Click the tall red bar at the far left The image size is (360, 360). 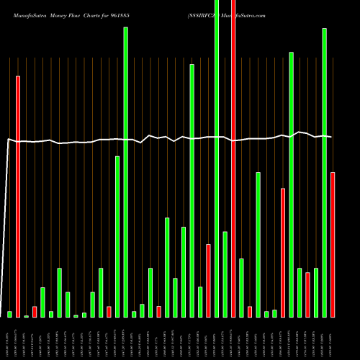[x=18, y=194]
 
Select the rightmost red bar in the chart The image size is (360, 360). [x=333, y=245]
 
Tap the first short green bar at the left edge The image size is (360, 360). [x=10, y=314]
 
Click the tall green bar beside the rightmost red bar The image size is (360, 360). [x=324, y=173]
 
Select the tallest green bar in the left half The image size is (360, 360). [x=126, y=173]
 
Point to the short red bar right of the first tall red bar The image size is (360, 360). [x=35, y=312]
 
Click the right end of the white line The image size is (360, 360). [x=331, y=137]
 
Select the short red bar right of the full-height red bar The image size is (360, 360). [x=250, y=311]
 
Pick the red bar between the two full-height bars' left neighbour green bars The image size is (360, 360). [x=209, y=281]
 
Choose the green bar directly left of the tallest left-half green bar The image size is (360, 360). [x=117, y=236]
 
